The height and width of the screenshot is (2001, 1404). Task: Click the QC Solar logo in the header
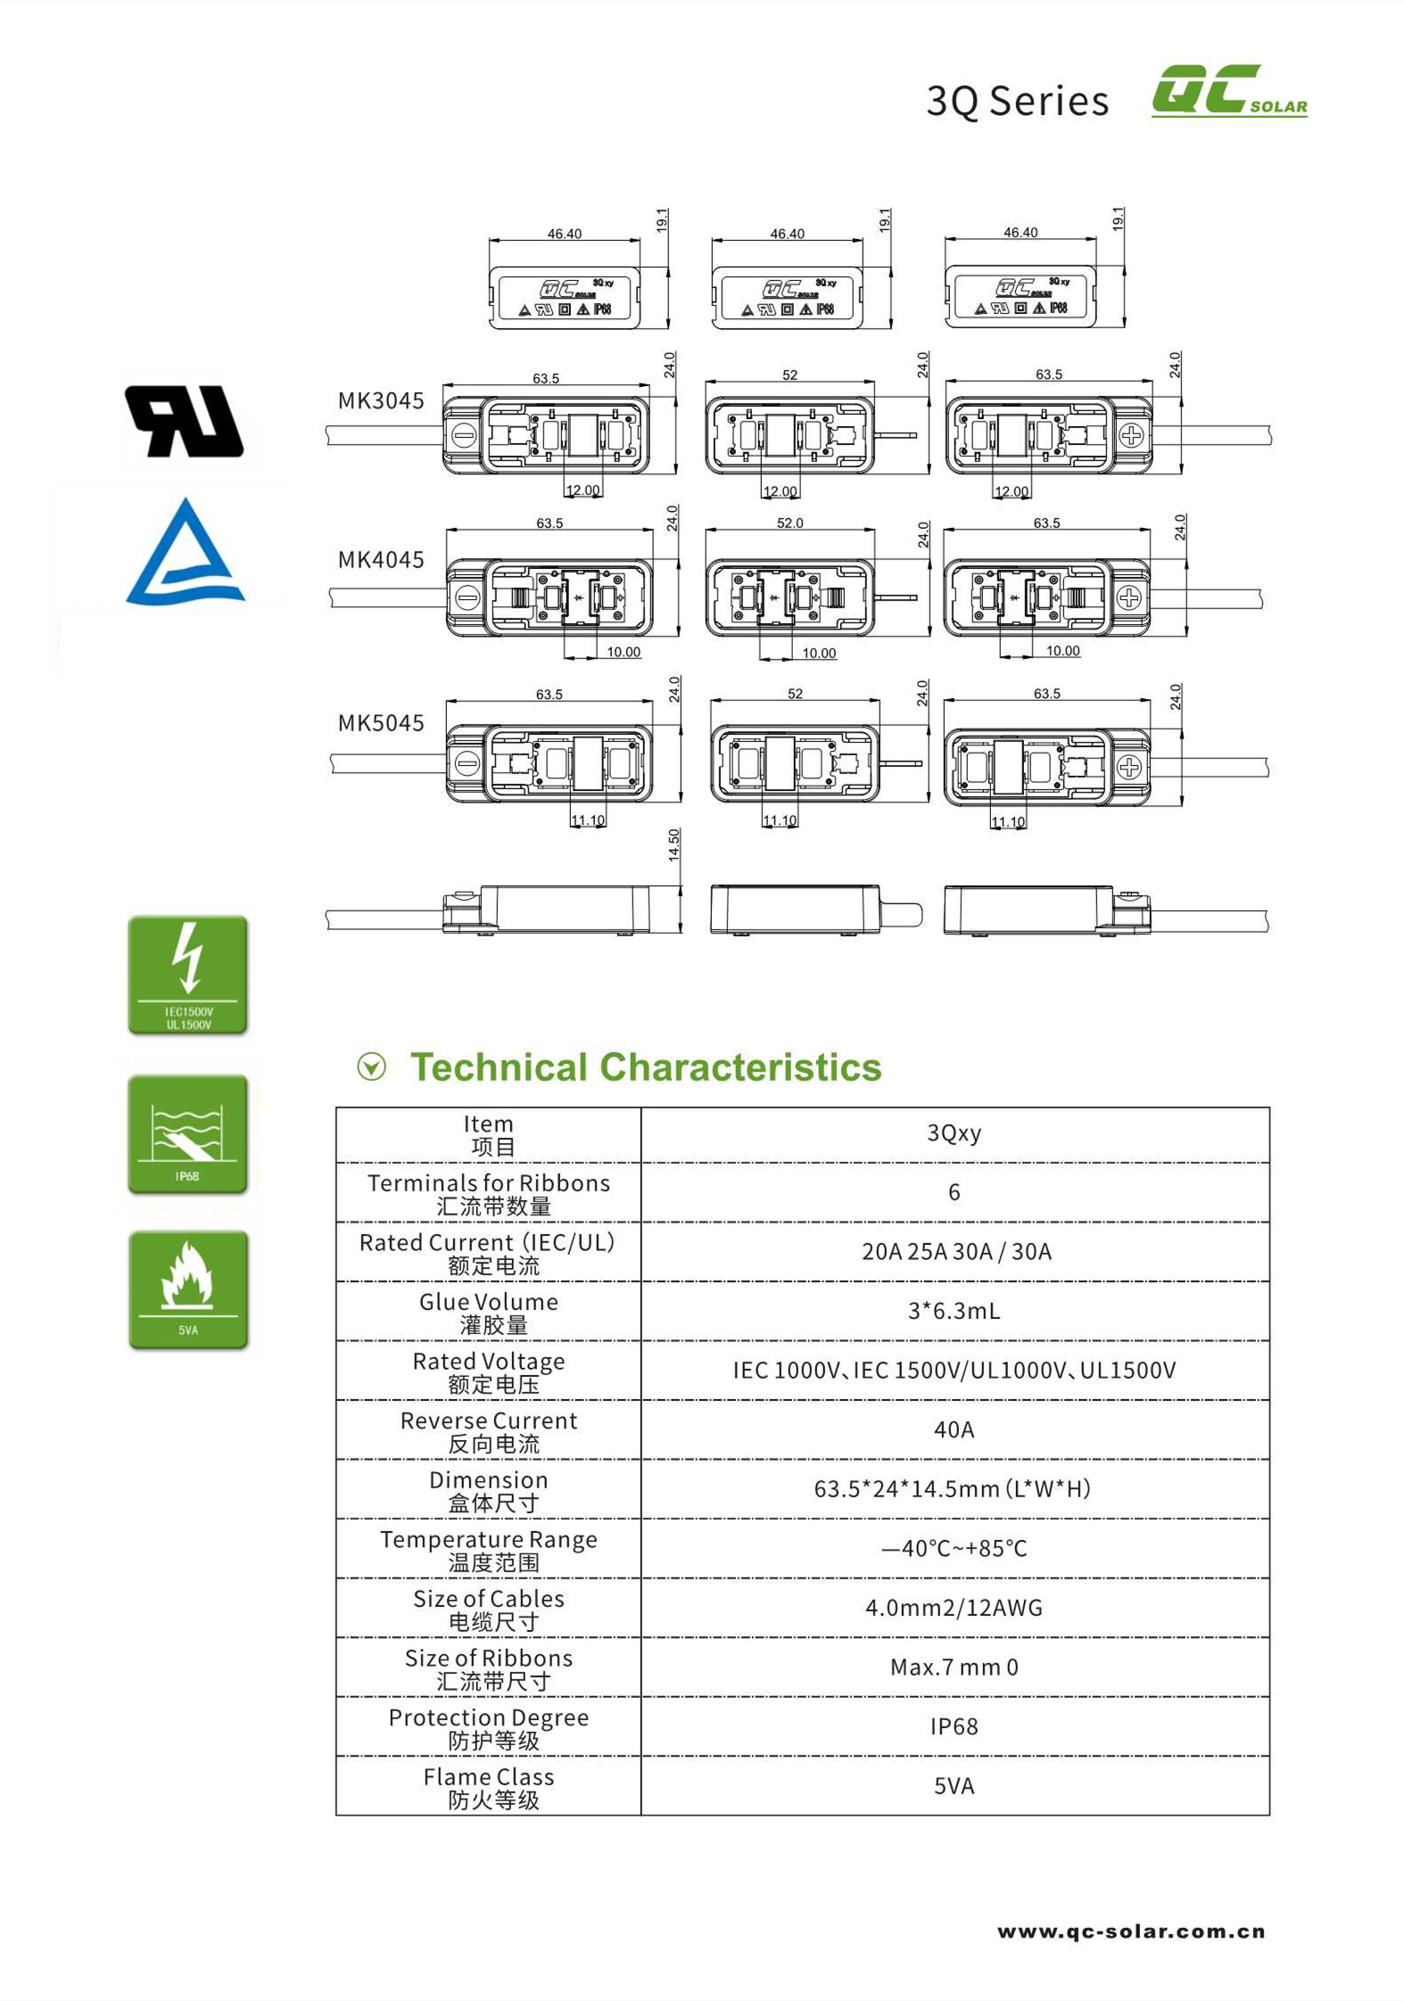pyautogui.click(x=1228, y=90)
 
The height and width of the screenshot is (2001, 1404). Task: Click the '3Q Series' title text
pyautogui.click(x=1017, y=101)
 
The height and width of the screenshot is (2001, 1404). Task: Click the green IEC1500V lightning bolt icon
pyautogui.click(x=188, y=975)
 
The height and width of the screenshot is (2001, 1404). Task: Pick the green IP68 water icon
pyautogui.click(x=188, y=1133)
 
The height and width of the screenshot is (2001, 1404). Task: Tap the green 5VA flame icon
pyautogui.click(x=188, y=1289)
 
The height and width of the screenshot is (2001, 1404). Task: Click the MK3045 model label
pyautogui.click(x=381, y=400)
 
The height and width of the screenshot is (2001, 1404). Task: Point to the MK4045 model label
pyautogui.click(x=381, y=559)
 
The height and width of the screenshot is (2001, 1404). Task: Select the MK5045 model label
pyautogui.click(x=381, y=722)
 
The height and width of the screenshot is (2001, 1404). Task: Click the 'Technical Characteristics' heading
pyautogui.click(x=646, y=1066)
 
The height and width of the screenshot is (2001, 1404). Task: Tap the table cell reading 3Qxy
pyautogui.click(x=954, y=1133)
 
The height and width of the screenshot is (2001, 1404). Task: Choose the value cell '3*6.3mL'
pyautogui.click(x=954, y=1311)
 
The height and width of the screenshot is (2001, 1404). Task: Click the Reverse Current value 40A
pyautogui.click(x=954, y=1429)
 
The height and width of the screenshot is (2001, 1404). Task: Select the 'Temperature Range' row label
pyautogui.click(x=489, y=1549)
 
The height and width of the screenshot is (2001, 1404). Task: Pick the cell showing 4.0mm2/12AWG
pyautogui.click(x=954, y=1608)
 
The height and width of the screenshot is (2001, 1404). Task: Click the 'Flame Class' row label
pyautogui.click(x=489, y=1787)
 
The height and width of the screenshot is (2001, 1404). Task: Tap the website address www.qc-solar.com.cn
pyautogui.click(x=1131, y=1931)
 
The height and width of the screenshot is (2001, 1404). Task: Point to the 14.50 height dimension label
pyautogui.click(x=674, y=844)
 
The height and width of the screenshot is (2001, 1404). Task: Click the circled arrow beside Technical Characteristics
pyautogui.click(x=372, y=1066)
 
